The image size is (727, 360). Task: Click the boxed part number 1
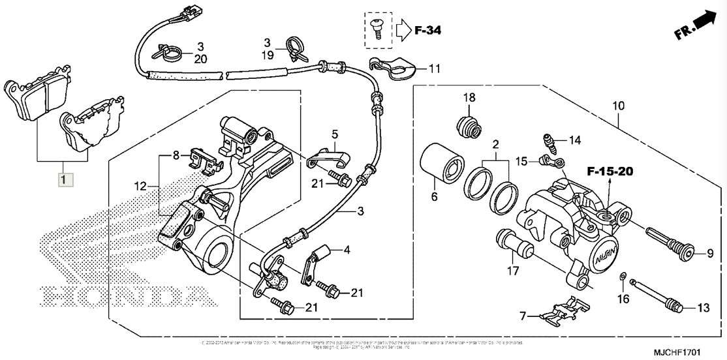(63, 178)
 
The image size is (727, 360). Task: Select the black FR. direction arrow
(702, 22)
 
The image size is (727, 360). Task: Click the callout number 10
(619, 106)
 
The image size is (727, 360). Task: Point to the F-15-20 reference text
(610, 172)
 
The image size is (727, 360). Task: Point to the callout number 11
(435, 68)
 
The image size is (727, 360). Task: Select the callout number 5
(334, 135)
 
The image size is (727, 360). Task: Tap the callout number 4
(347, 249)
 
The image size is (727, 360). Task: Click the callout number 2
(495, 143)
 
